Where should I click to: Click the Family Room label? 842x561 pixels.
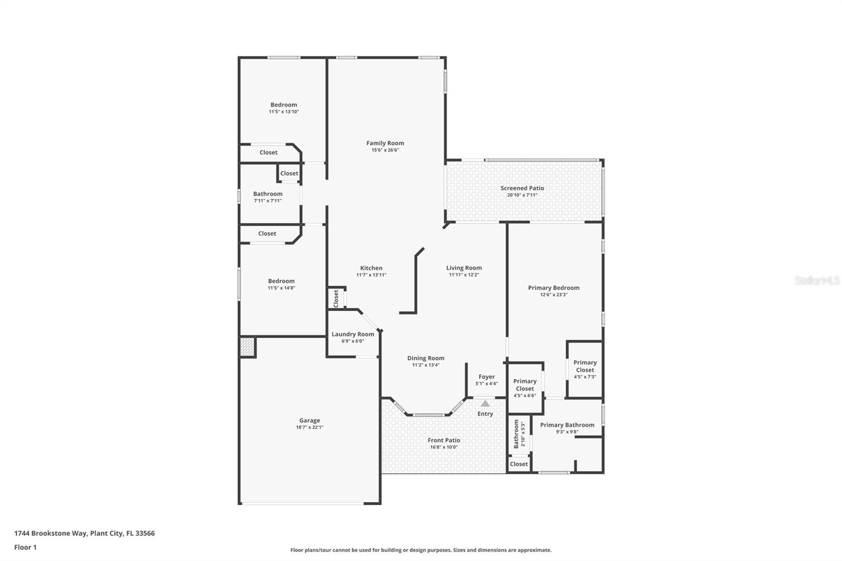pyautogui.click(x=385, y=143)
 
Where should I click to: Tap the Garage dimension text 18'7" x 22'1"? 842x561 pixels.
pyautogui.click(x=309, y=427)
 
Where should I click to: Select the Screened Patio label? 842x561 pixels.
pyautogui.click(x=522, y=188)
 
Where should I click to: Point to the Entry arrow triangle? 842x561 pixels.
pyautogui.click(x=485, y=404)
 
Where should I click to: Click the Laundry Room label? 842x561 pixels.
pyautogui.click(x=353, y=334)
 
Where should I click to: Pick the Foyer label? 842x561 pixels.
pyautogui.click(x=486, y=377)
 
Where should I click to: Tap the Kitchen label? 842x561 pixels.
pyautogui.click(x=371, y=268)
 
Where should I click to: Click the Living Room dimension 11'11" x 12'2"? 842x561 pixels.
pyautogui.click(x=464, y=275)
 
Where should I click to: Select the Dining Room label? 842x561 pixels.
pyautogui.click(x=426, y=358)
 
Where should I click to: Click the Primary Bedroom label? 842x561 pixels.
pyautogui.click(x=554, y=288)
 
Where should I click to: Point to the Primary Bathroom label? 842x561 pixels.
pyautogui.click(x=567, y=425)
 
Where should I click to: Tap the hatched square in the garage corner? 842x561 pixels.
pyautogui.click(x=247, y=347)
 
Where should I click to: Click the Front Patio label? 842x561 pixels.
pyautogui.click(x=444, y=440)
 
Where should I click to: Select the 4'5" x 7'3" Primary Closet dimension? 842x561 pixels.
pyautogui.click(x=585, y=377)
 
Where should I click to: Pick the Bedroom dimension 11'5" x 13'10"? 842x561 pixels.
pyautogui.click(x=284, y=112)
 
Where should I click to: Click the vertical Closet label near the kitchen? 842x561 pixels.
pyautogui.click(x=336, y=298)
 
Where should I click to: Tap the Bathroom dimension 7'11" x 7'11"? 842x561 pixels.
pyautogui.click(x=268, y=201)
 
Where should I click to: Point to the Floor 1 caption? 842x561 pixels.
pyautogui.click(x=25, y=547)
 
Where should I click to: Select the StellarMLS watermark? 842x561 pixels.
pyautogui.click(x=817, y=280)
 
